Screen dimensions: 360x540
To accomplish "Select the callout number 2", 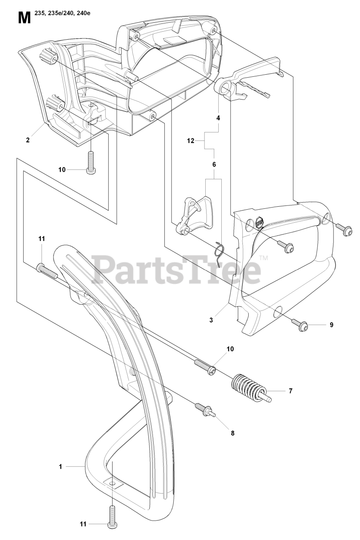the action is pyautogui.click(x=28, y=140).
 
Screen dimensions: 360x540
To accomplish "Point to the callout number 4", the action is pyautogui.click(x=218, y=119).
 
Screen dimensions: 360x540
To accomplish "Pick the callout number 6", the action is pyautogui.click(x=214, y=164).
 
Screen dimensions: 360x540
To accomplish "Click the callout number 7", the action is pyautogui.click(x=290, y=391).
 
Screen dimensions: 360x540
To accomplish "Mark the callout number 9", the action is pyautogui.click(x=331, y=324).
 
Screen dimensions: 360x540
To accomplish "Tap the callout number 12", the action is pyautogui.click(x=191, y=141).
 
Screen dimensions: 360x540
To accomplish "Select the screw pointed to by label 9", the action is pyautogui.click(x=303, y=325).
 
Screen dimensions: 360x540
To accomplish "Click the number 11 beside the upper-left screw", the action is pyautogui.click(x=41, y=239).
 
